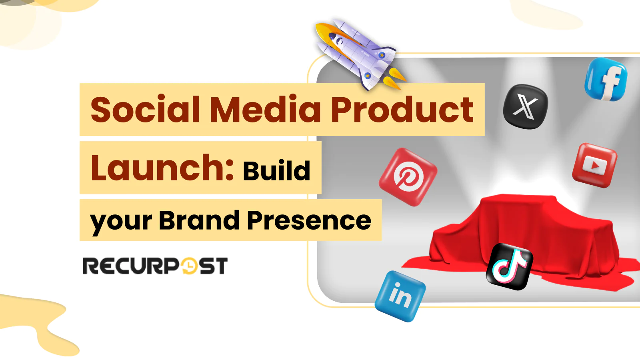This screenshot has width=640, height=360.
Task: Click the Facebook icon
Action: click(x=606, y=79)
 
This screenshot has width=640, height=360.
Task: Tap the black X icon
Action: click(x=525, y=107)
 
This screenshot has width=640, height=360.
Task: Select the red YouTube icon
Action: click(x=594, y=165)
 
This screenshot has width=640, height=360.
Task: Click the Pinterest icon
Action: click(x=408, y=177)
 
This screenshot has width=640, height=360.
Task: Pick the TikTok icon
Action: click(x=509, y=266)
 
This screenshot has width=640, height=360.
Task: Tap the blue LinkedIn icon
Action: click(x=400, y=296)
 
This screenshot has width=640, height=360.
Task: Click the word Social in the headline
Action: click(x=145, y=110)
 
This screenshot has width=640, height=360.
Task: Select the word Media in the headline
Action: click(x=265, y=110)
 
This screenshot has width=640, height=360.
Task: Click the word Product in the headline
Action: click(x=402, y=110)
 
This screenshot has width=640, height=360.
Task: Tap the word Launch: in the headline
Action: click(x=162, y=168)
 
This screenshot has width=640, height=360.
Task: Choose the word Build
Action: click(x=276, y=171)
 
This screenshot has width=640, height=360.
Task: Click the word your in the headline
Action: click(x=121, y=221)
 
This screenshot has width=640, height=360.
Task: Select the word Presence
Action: click(x=309, y=220)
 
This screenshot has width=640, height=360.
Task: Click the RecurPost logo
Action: click(x=155, y=266)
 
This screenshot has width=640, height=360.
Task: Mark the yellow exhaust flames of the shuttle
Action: click(x=394, y=79)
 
